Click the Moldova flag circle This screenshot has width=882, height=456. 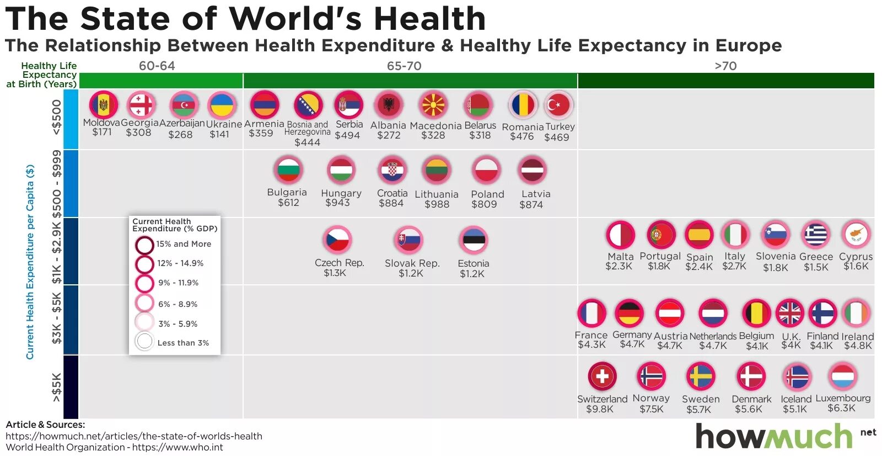[103, 104]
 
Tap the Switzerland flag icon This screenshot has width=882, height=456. [602, 377]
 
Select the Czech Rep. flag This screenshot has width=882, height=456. [337, 240]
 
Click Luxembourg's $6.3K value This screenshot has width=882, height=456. [841, 408]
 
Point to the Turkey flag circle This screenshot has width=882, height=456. [558, 105]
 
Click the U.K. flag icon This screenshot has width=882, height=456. [789, 313]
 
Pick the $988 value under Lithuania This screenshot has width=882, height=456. [437, 204]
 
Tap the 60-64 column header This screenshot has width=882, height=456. [157, 66]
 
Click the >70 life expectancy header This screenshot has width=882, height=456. [725, 66]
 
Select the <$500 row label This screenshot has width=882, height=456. [57, 118]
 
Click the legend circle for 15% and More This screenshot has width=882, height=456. [144, 245]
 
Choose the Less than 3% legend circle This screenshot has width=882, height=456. [144, 342]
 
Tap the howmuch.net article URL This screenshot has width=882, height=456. [134, 436]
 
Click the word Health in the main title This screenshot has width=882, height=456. [430, 19]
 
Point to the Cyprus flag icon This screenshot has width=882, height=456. [856, 234]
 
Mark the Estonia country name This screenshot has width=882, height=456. [473, 263]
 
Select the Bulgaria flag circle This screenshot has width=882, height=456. [288, 170]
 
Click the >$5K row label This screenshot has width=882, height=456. [57, 388]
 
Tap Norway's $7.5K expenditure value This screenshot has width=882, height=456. [652, 409]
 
